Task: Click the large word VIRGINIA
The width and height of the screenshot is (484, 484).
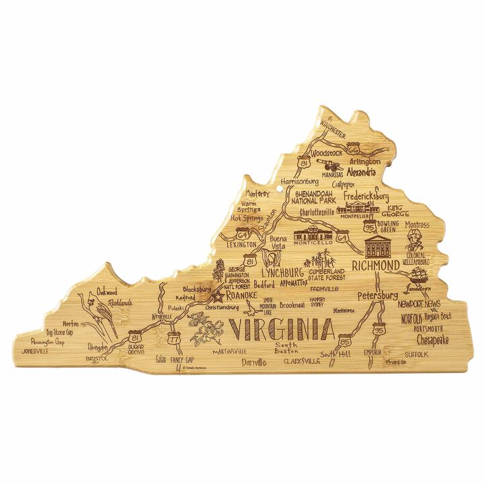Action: [283, 330]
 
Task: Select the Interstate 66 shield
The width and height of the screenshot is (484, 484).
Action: [354, 149]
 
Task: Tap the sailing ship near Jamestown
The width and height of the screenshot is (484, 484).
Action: [419, 274]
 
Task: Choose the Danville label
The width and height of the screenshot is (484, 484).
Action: [254, 363]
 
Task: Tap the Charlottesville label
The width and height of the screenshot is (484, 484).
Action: [318, 212]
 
